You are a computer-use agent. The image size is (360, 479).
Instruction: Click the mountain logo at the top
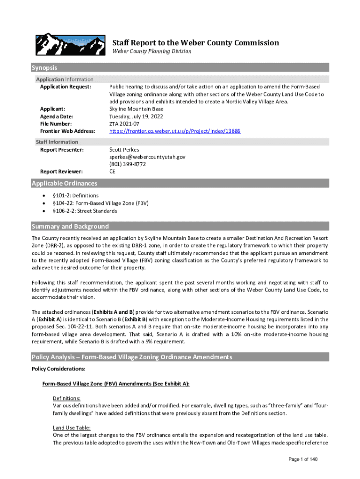click(68, 44)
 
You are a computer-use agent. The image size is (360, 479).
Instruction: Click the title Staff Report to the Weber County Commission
click(195, 43)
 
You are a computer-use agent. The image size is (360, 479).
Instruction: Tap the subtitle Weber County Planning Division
click(151, 51)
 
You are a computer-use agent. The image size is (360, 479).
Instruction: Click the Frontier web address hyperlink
click(175, 131)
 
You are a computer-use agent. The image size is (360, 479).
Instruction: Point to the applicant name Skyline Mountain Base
click(136, 109)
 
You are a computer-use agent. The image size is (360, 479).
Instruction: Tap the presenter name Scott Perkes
click(124, 150)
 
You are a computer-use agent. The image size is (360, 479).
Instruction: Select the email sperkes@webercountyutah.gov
click(147, 157)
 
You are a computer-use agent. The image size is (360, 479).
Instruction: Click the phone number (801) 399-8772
click(127, 165)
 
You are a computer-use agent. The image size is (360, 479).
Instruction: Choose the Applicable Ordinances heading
click(65, 183)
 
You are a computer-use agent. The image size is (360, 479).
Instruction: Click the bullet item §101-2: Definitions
click(75, 196)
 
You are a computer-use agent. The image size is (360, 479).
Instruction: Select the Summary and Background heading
click(70, 226)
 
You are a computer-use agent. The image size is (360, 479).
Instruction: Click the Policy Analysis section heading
click(131, 357)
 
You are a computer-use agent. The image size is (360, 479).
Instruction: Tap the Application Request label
click(65, 87)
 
